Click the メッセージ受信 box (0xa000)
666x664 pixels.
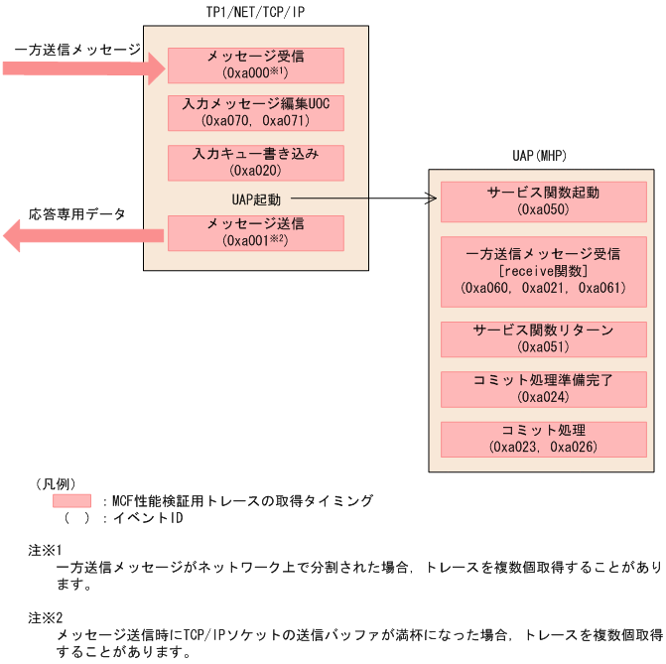tap(256, 65)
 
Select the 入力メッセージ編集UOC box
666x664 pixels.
tap(256, 112)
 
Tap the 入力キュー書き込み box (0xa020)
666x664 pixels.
tap(256, 163)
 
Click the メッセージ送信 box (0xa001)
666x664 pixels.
tap(256, 232)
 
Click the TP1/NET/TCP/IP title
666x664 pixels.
tap(256, 11)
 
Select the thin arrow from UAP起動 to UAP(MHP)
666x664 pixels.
tap(362, 199)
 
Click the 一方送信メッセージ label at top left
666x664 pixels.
tap(76, 49)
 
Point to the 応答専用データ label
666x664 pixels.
tap(76, 213)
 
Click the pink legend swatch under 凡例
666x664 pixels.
tap(72, 501)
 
